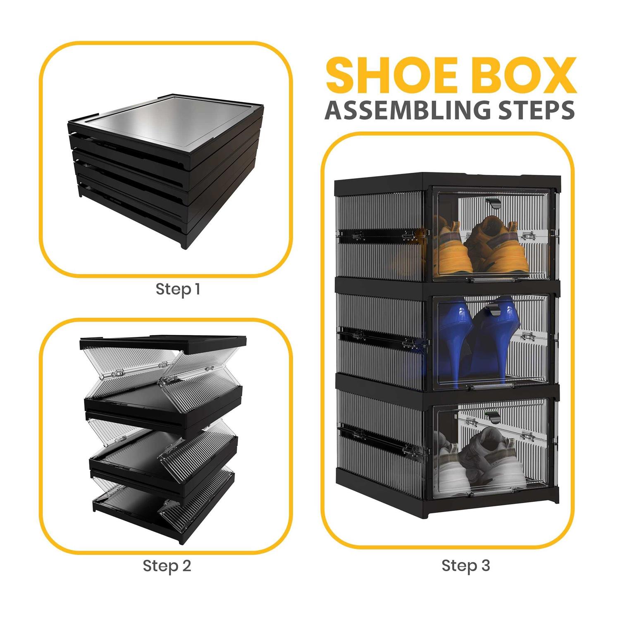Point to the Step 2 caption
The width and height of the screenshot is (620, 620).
(167, 565)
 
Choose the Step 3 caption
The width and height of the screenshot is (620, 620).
(466, 565)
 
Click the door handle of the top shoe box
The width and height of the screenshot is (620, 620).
(493, 203)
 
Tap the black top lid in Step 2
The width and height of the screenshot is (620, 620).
(164, 344)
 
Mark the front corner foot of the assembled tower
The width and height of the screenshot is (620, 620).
(428, 513)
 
